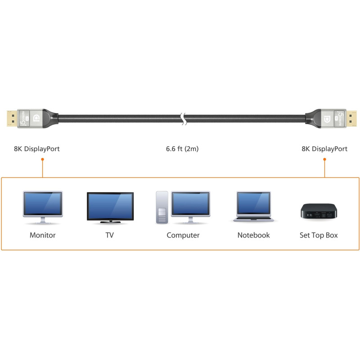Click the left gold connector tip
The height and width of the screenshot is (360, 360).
pos(12,118)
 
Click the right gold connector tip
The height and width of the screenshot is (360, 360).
pos(351,118)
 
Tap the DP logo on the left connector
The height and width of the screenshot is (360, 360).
pos(36,118)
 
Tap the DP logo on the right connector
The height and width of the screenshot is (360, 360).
pos(327,119)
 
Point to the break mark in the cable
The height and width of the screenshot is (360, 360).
pos(183,119)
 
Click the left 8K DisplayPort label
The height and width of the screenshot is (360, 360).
pos(37,149)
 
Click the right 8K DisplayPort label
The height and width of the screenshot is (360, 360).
pos(324,149)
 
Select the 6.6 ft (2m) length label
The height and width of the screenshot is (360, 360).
pos(182,149)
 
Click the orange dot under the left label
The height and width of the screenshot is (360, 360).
pos(42,159)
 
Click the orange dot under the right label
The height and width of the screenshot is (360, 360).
pos(324,159)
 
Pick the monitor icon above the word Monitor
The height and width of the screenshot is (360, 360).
pos(43,207)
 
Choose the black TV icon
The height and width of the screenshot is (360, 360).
pos(110,207)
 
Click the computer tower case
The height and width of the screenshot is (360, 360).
pos(162,207)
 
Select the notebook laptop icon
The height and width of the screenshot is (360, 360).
pos(253,207)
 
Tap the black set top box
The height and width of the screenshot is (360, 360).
pos(319,211)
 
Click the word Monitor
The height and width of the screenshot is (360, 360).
pos(43,235)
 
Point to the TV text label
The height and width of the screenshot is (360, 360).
pos(110,235)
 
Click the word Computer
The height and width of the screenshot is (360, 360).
pos(183,235)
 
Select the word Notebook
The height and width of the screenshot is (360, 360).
pos(253,235)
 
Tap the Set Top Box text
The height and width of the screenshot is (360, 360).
pos(319,235)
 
